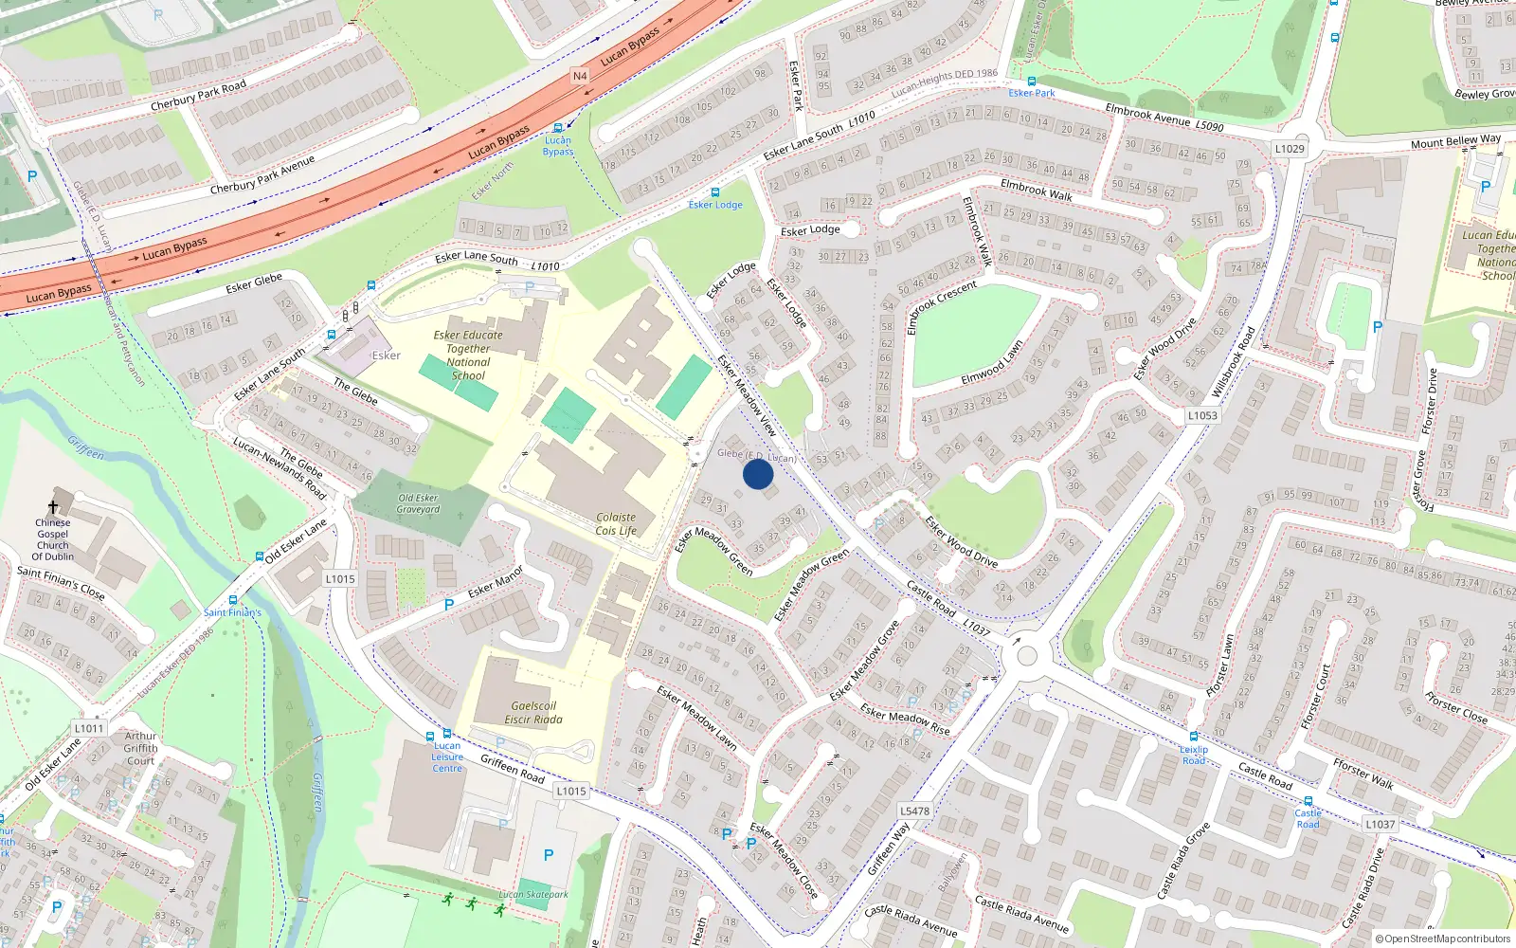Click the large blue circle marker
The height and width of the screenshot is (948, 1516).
[757, 473]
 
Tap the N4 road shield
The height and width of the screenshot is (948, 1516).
[580, 76]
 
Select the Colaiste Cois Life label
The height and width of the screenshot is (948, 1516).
[616, 524]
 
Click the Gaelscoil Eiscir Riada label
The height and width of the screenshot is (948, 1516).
[533, 713]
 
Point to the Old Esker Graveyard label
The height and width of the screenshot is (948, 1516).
[418, 503]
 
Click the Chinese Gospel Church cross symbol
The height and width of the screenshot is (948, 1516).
[53, 508]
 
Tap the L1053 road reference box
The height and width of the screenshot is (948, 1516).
[1202, 415]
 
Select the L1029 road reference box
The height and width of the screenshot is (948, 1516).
[1290, 149]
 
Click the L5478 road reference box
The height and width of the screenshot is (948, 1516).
[914, 811]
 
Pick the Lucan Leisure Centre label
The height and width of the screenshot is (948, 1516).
[447, 757]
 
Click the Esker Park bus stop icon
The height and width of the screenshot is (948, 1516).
[1032, 82]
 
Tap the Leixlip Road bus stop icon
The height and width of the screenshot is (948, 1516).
[1194, 737]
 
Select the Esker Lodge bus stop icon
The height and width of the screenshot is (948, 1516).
[715, 192]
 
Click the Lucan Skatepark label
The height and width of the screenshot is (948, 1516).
[533, 894]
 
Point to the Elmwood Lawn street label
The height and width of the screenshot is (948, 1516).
[992, 362]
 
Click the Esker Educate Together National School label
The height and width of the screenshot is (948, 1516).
[468, 355]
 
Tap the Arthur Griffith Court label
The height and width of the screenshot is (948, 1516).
[140, 748]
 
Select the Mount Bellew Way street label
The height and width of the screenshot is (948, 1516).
[1455, 141]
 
